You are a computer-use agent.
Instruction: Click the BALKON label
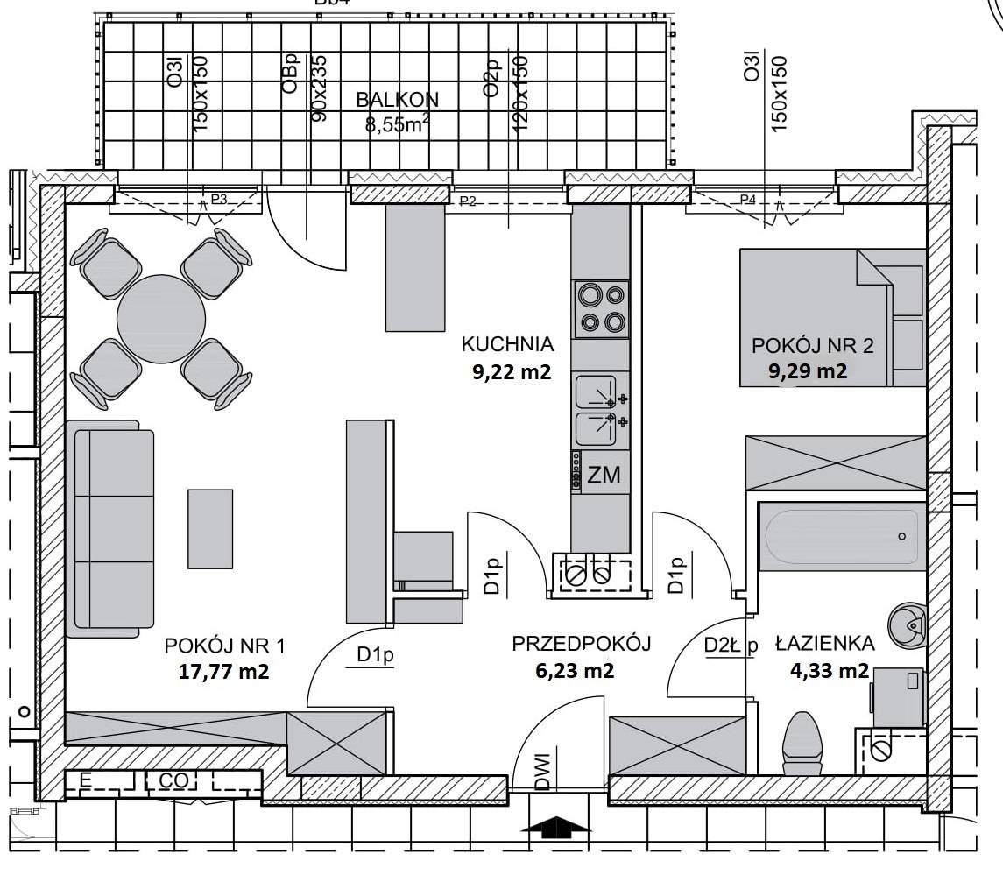click(397, 100)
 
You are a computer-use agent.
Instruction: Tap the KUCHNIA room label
click(507, 344)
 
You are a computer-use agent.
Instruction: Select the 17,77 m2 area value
click(223, 672)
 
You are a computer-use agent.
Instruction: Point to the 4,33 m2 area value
click(830, 670)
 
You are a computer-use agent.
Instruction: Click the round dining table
click(161, 319)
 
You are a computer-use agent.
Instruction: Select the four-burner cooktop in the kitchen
click(601, 308)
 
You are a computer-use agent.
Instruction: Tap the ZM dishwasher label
click(604, 475)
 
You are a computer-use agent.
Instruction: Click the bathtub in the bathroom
click(842, 537)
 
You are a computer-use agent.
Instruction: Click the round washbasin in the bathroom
click(907, 624)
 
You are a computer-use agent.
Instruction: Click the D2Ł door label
click(722, 645)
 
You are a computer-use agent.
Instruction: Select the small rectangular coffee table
click(210, 529)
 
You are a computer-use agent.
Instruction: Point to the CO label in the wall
click(173, 781)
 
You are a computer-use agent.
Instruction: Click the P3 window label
click(219, 199)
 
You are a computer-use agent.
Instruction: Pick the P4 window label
click(748, 200)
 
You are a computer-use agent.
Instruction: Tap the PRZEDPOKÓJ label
click(582, 644)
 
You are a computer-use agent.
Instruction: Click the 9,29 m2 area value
click(808, 371)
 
